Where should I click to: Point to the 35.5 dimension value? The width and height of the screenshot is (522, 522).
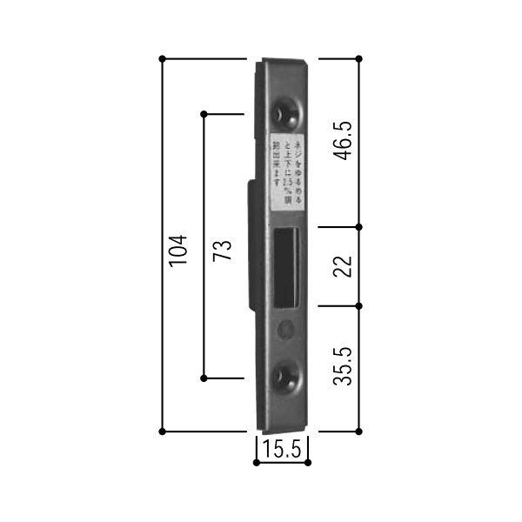(x=345, y=366)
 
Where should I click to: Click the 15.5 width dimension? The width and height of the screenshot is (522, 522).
(x=282, y=451)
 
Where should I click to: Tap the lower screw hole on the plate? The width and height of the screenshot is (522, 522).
(x=284, y=375)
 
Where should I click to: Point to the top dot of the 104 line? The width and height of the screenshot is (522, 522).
(x=163, y=59)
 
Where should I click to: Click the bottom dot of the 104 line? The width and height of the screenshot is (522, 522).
(x=163, y=431)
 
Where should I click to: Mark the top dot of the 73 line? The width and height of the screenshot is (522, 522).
(x=204, y=114)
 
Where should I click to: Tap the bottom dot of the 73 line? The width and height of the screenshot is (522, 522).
(x=204, y=378)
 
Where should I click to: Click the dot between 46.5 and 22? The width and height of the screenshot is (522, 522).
(x=359, y=227)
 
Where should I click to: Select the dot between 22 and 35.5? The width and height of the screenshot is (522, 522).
(x=359, y=306)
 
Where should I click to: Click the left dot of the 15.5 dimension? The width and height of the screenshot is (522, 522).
(x=256, y=462)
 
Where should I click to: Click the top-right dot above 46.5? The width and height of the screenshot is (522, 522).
(x=359, y=59)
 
